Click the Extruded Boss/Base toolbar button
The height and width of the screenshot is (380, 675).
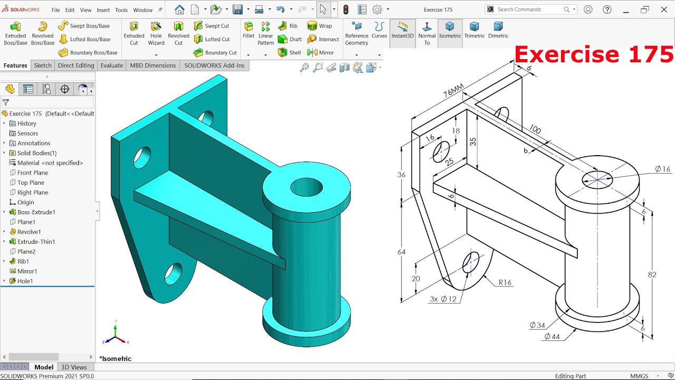[15, 33]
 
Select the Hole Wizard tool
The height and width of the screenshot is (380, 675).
[156, 33]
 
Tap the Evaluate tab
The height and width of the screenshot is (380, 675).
[112, 65]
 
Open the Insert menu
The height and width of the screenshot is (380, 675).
[103, 10]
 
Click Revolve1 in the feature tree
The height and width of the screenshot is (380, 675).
[29, 232]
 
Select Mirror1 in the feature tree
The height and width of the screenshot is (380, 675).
[27, 271]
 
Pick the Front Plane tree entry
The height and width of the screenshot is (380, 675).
[33, 173]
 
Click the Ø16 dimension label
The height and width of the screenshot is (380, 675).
[662, 169]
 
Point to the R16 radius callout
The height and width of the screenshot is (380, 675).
[505, 282]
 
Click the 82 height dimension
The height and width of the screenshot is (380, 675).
[652, 274]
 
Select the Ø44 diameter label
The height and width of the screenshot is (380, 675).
[552, 336]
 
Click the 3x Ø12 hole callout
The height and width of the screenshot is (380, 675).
[443, 299]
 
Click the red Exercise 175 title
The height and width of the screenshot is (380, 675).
[594, 55]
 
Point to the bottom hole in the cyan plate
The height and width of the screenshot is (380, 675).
[173, 273]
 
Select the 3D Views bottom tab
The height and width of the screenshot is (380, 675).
[74, 367]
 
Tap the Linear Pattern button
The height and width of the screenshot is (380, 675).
[265, 33]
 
